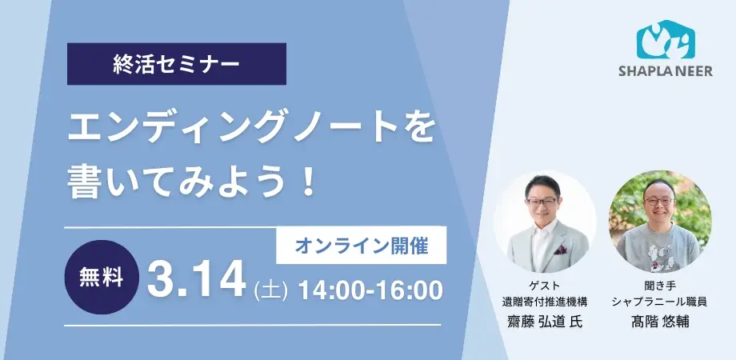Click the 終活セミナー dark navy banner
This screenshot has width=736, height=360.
click(176, 64)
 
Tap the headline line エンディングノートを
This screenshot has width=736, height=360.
click(251, 128)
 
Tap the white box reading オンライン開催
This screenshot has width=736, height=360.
click(361, 246)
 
